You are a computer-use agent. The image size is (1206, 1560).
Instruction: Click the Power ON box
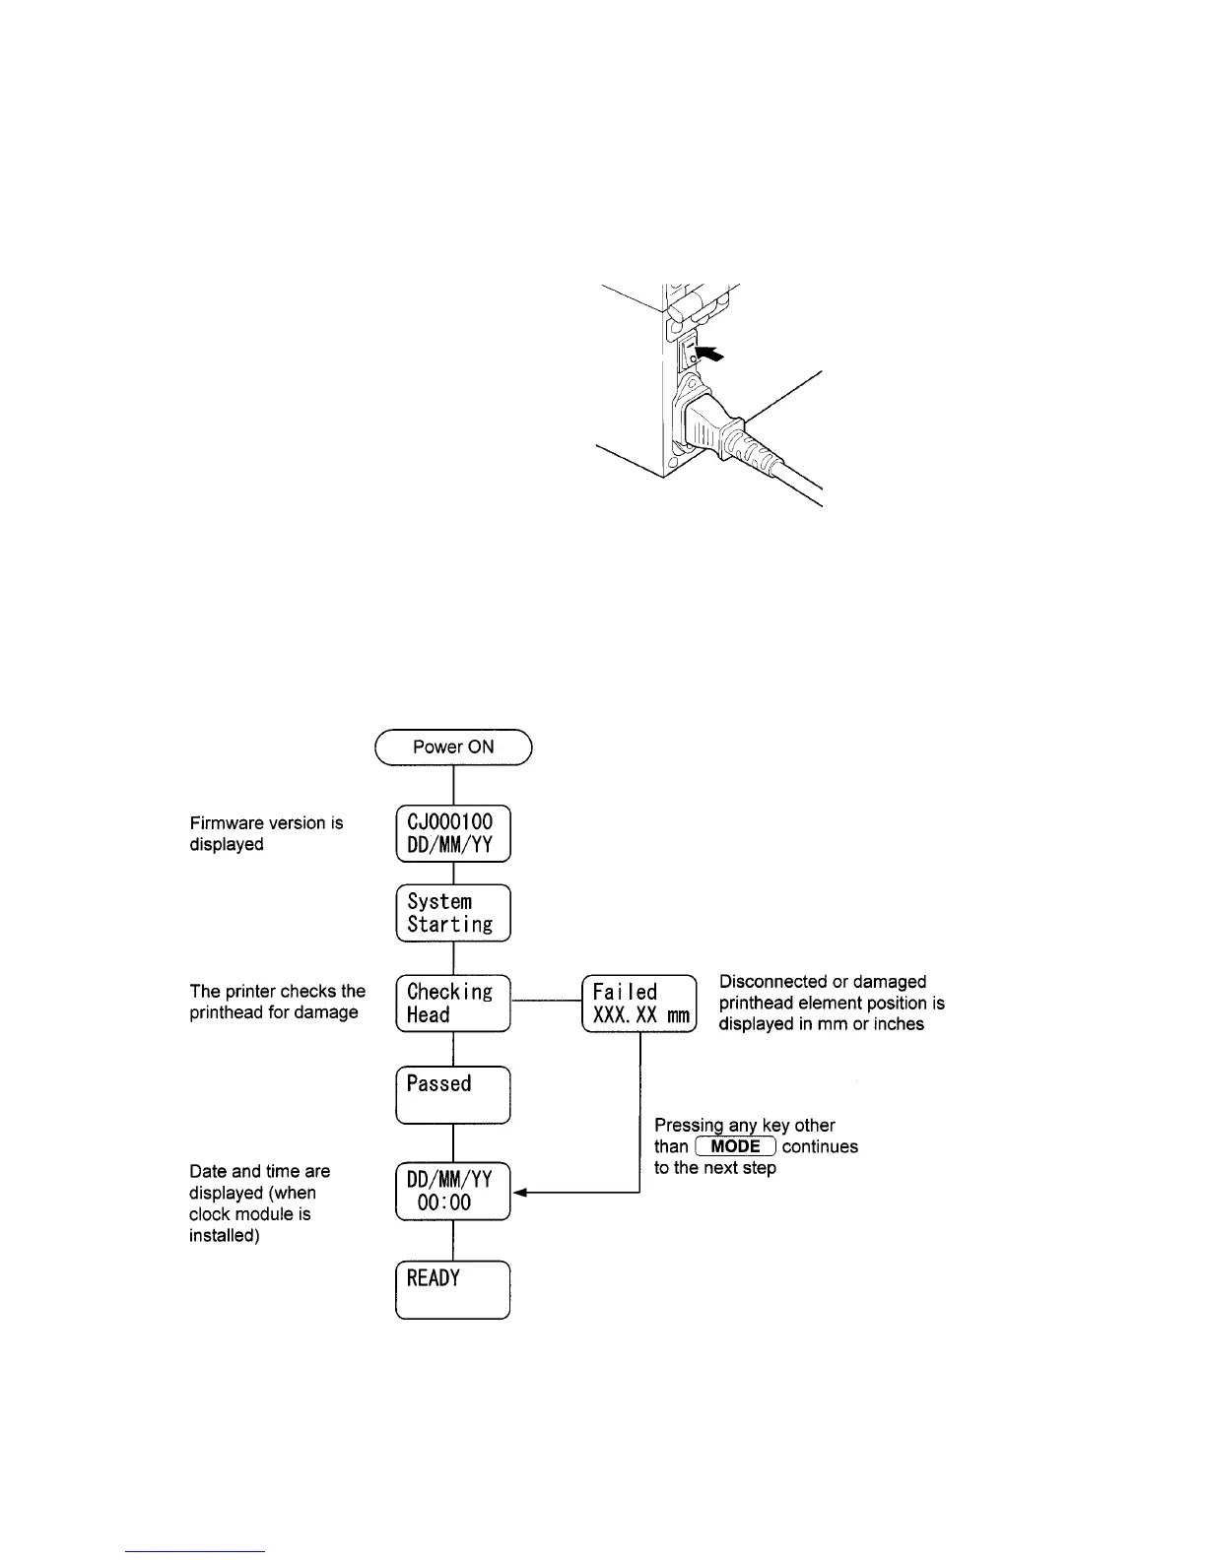[453, 747]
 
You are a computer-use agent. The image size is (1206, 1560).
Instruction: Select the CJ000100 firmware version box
[453, 833]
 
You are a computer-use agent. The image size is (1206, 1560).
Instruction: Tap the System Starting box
[453, 913]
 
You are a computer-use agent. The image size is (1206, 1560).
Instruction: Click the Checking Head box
[453, 1004]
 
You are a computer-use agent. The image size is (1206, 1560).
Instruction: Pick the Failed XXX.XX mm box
[639, 1004]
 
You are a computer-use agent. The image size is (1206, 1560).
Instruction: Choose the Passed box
[453, 1094]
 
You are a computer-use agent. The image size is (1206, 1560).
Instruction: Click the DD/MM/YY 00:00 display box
[453, 1192]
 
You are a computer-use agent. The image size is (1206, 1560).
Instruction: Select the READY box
[453, 1289]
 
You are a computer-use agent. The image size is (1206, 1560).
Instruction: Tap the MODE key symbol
[736, 1146]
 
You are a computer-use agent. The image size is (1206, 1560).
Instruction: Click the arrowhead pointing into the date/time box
[520, 1193]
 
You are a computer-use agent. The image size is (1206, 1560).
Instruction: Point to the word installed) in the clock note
[225, 1235]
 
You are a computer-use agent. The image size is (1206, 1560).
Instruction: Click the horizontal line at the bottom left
[195, 1551]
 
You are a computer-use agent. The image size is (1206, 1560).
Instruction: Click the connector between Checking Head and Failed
[546, 1004]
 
